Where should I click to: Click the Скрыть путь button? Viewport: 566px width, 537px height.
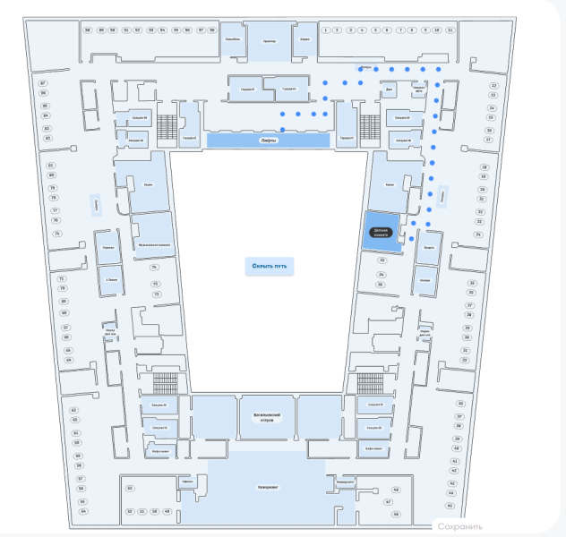click(x=269, y=267)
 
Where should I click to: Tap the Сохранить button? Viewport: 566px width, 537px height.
click(x=460, y=526)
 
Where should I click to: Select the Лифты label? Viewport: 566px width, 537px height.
click(x=267, y=141)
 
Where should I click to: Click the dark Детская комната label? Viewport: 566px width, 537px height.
click(x=380, y=231)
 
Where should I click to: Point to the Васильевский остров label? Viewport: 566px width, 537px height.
click(x=267, y=417)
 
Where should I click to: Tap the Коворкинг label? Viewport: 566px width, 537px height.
click(x=267, y=488)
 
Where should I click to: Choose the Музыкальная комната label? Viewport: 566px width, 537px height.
click(x=154, y=243)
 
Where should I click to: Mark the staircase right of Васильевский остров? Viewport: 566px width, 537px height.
click(x=369, y=383)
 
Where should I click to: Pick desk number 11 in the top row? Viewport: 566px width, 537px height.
click(x=450, y=30)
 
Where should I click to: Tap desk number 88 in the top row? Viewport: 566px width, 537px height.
click(x=88, y=30)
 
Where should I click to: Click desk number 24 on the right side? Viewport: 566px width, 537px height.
click(x=492, y=107)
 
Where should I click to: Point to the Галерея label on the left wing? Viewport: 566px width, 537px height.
click(x=95, y=206)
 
